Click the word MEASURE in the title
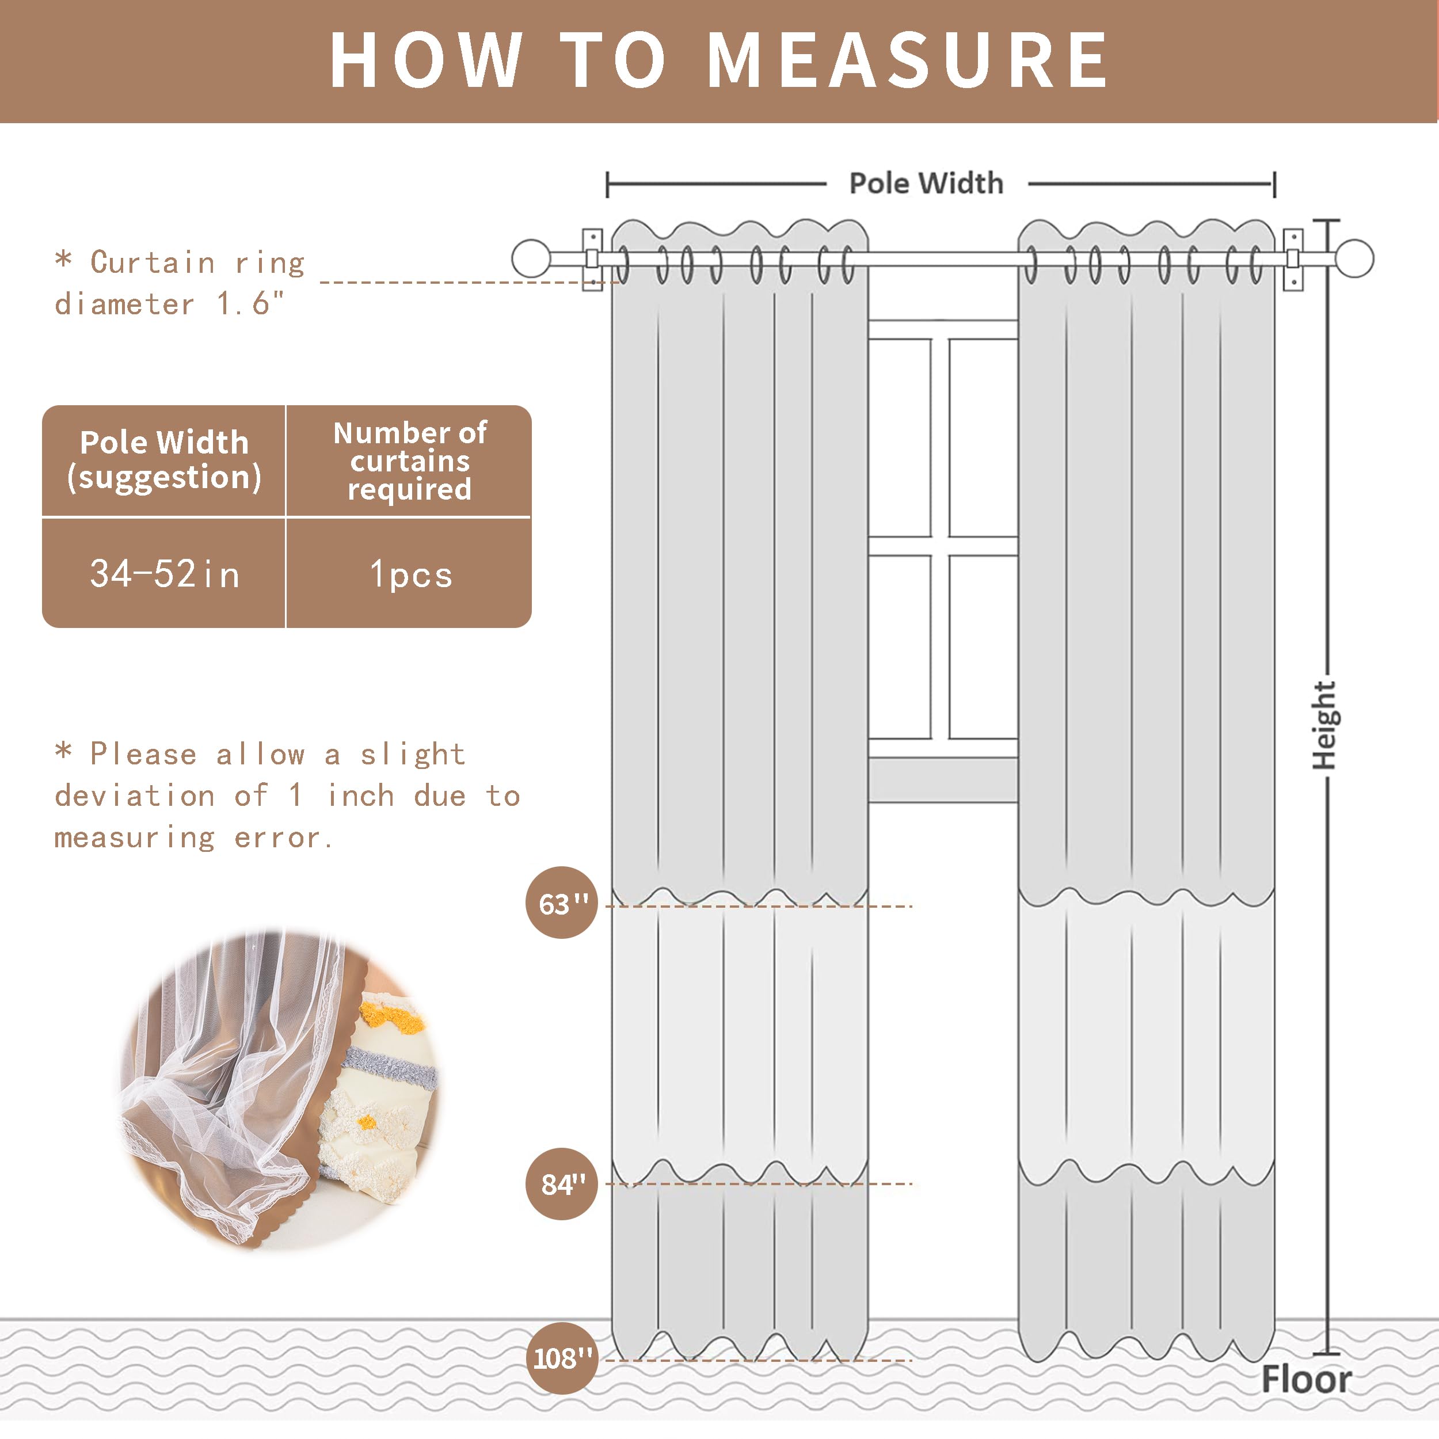click(907, 61)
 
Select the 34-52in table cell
click(164, 574)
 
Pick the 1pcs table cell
click(410, 574)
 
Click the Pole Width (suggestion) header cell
click(164, 460)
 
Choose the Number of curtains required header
click(410, 460)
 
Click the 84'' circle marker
click(562, 1183)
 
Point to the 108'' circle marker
click(562, 1358)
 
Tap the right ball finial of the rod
click(1354, 258)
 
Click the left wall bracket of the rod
click(592, 258)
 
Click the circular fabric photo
click(279, 1087)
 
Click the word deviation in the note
click(134, 795)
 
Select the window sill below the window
click(943, 779)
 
